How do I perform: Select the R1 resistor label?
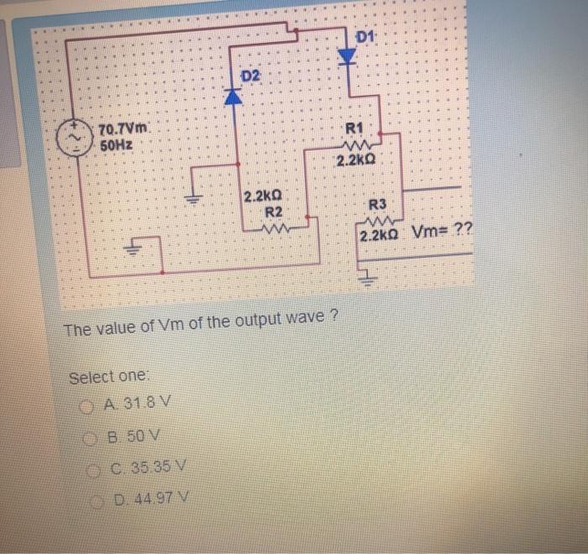(354, 128)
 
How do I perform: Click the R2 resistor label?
(273, 211)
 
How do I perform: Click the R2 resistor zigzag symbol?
(277, 226)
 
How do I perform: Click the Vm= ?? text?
(442, 234)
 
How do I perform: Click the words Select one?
(108, 377)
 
